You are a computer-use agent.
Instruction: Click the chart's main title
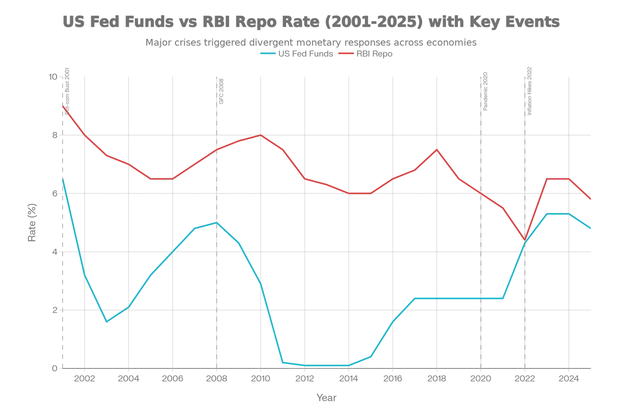tap(311, 22)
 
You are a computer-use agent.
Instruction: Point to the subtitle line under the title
tap(311, 42)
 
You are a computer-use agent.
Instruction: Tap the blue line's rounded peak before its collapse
tap(216, 222)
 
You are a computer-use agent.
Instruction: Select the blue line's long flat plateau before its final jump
tap(459, 298)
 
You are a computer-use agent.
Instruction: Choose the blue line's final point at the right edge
tap(592, 229)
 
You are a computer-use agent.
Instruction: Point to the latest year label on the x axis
tap(568, 378)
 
